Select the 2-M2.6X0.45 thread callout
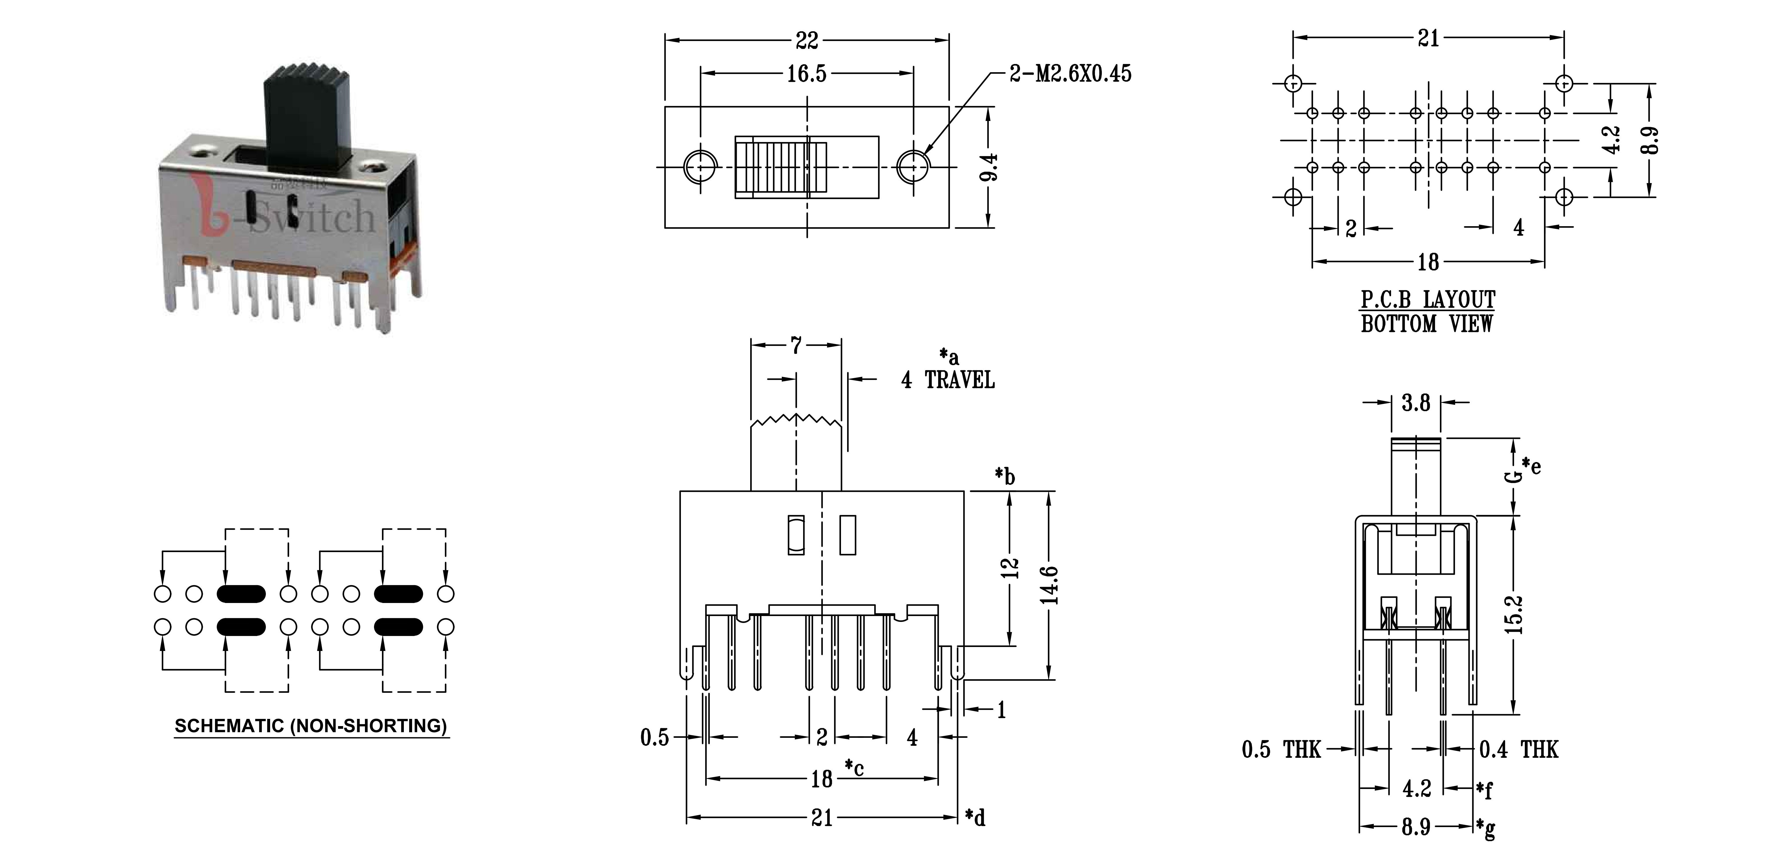pyautogui.click(x=1070, y=74)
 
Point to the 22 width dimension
pyautogui.click(x=807, y=41)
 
